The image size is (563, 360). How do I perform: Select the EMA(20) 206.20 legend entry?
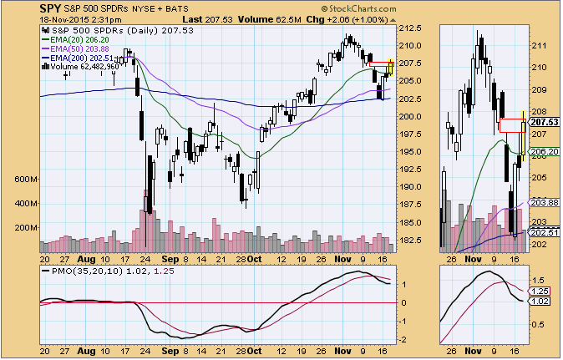pyautogui.click(x=77, y=38)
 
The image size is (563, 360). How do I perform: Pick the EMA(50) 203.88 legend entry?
pyautogui.click(x=77, y=48)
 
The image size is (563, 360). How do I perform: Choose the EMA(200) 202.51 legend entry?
pyautogui.click(x=79, y=58)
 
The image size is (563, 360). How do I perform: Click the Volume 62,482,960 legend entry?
pyautogui.click(x=81, y=68)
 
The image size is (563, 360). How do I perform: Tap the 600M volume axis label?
pyautogui.click(x=26, y=179)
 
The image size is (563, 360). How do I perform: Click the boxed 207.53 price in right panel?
pyautogui.click(x=546, y=122)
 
